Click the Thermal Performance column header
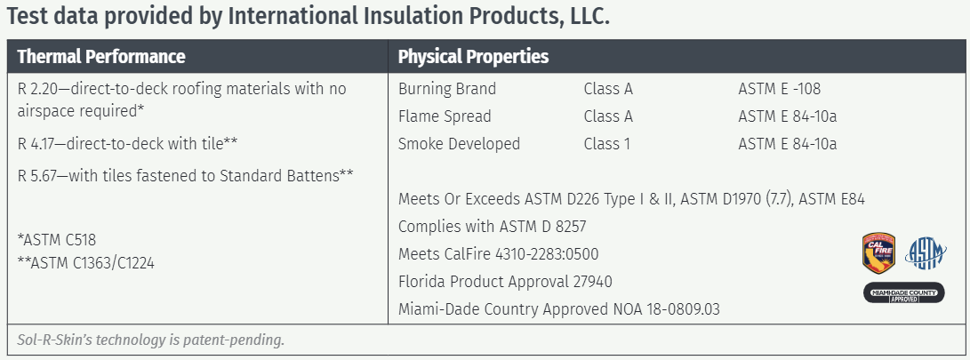tap(101, 57)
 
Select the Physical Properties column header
tap(473, 57)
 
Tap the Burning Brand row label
tap(447, 89)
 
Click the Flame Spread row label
tap(445, 116)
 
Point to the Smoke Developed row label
tap(459, 144)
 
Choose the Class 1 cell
tap(607, 144)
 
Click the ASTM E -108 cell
tap(780, 89)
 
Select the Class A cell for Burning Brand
tap(608, 89)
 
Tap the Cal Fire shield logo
tap(878, 253)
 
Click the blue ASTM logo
tap(926, 253)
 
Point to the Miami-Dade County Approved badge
tap(904, 292)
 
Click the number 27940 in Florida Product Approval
tap(593, 282)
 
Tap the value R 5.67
tap(37, 176)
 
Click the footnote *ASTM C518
tap(57, 240)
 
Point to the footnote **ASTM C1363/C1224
tap(86, 263)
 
